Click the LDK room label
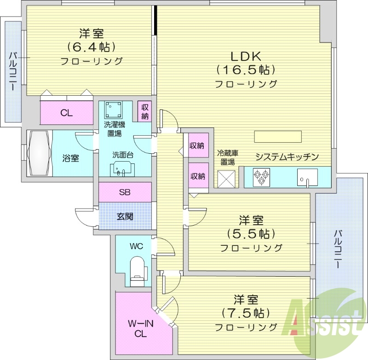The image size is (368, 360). [x=246, y=57]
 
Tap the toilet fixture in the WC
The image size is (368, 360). [x=138, y=269]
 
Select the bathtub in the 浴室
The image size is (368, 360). [x=40, y=153]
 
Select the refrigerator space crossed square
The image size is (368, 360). [x=226, y=179]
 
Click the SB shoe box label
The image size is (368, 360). [x=125, y=192]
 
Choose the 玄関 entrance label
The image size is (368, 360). [x=125, y=215]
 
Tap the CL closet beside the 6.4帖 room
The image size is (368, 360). [x=67, y=113]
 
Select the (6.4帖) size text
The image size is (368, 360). [x=91, y=46]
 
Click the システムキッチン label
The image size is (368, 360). [x=287, y=157]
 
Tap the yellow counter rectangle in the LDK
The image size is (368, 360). [x=278, y=137]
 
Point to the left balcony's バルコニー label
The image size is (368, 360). [x=13, y=71]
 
